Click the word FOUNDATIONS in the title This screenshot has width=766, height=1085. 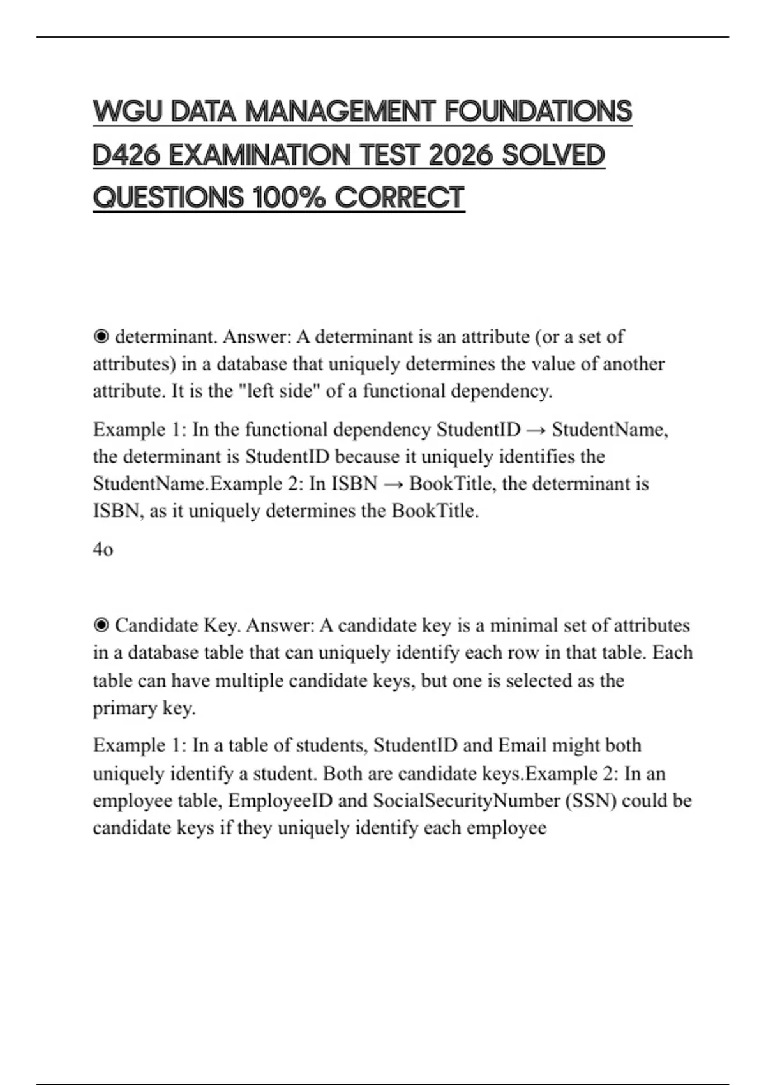click(x=537, y=112)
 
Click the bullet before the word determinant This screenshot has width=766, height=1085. click(x=101, y=336)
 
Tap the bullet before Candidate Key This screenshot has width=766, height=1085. click(x=101, y=625)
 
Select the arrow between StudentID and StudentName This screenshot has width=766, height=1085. click(x=536, y=430)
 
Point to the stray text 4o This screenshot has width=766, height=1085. click(x=103, y=549)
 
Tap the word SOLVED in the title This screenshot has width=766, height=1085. click(x=553, y=155)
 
